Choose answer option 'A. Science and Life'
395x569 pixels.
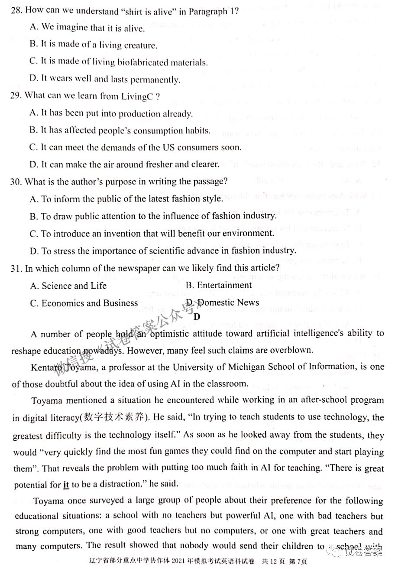(68, 286)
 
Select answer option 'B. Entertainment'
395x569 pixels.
(219, 285)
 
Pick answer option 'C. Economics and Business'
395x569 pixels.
(84, 303)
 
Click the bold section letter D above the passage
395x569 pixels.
(197, 317)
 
